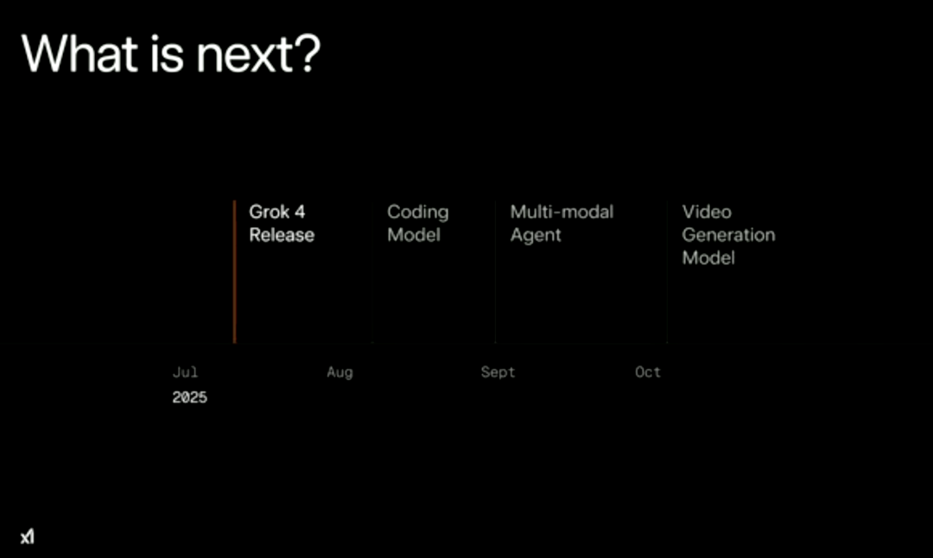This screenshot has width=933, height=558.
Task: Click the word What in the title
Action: [80, 54]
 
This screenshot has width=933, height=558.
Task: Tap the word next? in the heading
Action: [258, 54]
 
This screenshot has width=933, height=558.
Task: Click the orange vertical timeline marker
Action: [234, 272]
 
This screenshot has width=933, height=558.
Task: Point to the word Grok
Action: [269, 212]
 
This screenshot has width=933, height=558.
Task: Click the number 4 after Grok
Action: [300, 212]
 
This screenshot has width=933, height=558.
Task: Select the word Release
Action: [282, 235]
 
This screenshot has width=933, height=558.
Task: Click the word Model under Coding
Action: [414, 235]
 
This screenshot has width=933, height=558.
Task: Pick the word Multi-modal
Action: [562, 212]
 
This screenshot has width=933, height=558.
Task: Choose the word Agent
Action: [536, 236]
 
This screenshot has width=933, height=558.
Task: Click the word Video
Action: [707, 212]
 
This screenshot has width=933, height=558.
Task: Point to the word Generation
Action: [728, 235]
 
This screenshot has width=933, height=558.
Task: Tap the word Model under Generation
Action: [708, 258]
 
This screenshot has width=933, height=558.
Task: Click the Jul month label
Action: [185, 372]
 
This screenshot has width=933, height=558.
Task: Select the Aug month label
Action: [340, 373]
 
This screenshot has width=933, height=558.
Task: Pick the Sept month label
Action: [498, 373]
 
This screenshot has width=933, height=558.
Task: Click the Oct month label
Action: [648, 372]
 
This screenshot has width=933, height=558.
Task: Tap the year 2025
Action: [190, 397]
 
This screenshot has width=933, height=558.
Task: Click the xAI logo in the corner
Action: [28, 536]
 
